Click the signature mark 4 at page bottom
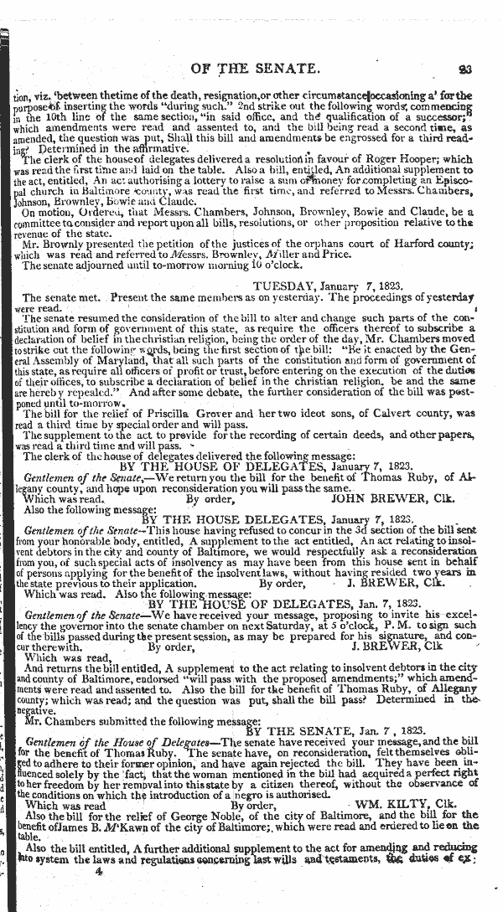pos(98,872)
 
